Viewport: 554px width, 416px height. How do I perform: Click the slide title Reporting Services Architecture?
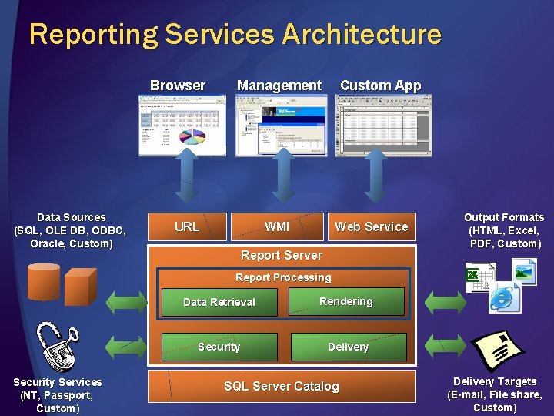(235, 34)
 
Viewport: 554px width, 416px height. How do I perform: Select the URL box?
(187, 226)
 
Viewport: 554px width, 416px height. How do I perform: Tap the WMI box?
(277, 226)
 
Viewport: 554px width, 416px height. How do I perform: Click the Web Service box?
(371, 226)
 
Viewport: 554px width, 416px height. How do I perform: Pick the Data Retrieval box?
(219, 302)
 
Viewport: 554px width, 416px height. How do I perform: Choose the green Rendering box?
(346, 301)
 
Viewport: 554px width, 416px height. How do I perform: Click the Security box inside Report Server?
(219, 347)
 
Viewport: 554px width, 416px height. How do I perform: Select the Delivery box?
(348, 347)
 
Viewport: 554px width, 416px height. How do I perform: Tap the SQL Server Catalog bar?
(282, 386)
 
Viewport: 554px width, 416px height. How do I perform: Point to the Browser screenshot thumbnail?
(178, 124)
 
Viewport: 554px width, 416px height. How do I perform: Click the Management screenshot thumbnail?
(281, 124)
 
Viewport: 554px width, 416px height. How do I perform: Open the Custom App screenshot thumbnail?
(382, 124)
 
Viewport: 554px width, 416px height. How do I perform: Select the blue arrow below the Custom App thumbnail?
(375, 177)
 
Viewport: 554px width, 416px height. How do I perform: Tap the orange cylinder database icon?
(43, 282)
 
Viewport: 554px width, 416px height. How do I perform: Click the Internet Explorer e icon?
(504, 297)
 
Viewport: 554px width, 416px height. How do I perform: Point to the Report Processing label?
(283, 277)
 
